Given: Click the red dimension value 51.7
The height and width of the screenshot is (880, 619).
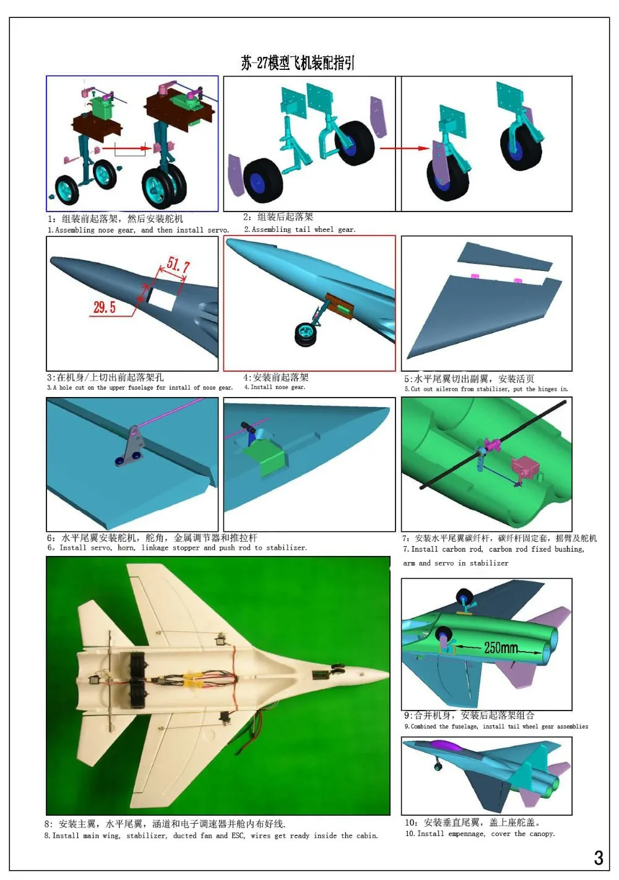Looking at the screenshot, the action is pos(178,265).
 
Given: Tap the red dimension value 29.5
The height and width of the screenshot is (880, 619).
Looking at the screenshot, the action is pos(104,307).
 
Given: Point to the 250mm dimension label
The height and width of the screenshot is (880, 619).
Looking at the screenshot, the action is pos(501,647).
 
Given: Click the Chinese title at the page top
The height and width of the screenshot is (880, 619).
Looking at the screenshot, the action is pos(298,62).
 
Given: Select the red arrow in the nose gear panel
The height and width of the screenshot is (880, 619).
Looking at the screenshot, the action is pos(126,148).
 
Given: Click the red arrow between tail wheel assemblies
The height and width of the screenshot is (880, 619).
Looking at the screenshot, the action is pos(404,148).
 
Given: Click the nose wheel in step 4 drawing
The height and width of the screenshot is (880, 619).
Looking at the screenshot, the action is pos(306,334).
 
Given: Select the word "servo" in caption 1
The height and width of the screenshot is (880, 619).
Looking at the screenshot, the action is pos(217,230).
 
